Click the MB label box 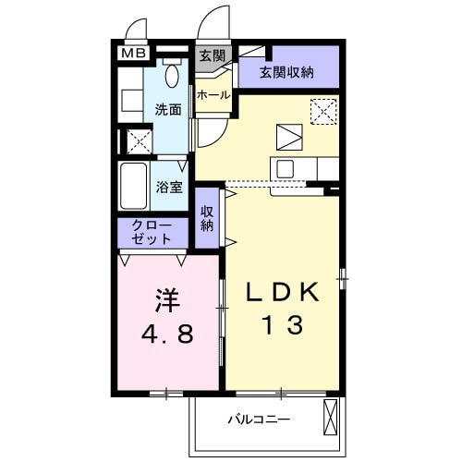pyautogui.click(x=134, y=54)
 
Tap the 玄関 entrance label pyautogui.click(x=212, y=56)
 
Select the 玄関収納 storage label pyautogui.click(x=286, y=72)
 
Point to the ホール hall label pyautogui.click(x=213, y=94)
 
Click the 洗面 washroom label pyautogui.click(x=167, y=109)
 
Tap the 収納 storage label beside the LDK pyautogui.click(x=208, y=218)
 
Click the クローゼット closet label pyautogui.click(x=152, y=231)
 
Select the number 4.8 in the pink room pyautogui.click(x=166, y=334)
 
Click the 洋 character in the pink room pyautogui.click(x=166, y=300)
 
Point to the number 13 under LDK pyautogui.click(x=282, y=325)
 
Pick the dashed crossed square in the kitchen pyautogui.click(x=323, y=110)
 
